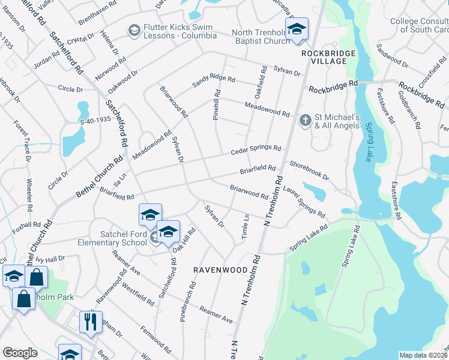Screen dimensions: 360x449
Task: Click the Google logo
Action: click(x=20, y=353)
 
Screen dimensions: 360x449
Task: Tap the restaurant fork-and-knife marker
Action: click(x=91, y=322)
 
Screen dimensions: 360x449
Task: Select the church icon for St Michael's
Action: click(x=305, y=121)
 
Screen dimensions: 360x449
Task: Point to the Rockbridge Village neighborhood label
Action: click(x=325, y=58)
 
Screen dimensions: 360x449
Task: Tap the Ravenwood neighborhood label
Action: click(x=220, y=270)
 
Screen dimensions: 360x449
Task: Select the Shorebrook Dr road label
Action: click(x=309, y=170)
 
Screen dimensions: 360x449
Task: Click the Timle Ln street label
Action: click(x=245, y=227)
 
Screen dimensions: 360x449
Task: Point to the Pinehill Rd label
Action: click(x=217, y=106)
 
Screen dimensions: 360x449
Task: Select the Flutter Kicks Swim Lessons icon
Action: click(x=134, y=30)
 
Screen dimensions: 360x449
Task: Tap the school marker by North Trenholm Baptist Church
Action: click(x=297, y=29)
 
